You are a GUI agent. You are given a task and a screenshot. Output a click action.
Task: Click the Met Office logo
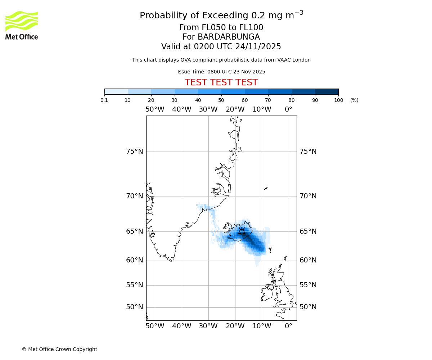pos(22,25)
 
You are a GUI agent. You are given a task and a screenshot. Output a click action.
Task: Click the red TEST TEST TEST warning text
pos(221,82)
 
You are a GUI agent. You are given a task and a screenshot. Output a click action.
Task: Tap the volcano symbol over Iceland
pos(242,231)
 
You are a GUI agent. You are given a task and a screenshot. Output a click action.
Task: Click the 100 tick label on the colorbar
pos(338,100)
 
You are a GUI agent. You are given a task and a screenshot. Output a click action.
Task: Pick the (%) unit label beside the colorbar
pos(354,100)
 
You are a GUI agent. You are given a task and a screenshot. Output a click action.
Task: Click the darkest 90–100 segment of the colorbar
pos(327,91)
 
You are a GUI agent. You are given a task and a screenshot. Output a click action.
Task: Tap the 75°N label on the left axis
pos(134,152)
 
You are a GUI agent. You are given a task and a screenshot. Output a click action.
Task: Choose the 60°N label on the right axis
pos(308,260)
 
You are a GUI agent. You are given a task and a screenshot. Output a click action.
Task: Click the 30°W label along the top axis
pos(208,109)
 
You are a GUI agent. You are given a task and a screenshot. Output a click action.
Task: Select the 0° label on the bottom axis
pos(288,326)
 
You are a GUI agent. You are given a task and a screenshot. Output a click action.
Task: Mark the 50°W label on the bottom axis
pos(155,326)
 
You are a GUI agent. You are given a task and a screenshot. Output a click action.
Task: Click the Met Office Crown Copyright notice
pos(59,349)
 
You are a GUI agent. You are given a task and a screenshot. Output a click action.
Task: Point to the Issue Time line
pos(221,72)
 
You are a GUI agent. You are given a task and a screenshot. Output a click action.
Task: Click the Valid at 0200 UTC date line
pos(221,46)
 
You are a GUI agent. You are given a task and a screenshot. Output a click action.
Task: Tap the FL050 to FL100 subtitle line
pos(221,28)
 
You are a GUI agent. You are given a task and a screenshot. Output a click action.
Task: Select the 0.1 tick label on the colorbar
pos(104,100)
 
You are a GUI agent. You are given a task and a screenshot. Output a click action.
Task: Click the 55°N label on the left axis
pos(134,285)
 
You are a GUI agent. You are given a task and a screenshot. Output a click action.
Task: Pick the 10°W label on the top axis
pos(262,109)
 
